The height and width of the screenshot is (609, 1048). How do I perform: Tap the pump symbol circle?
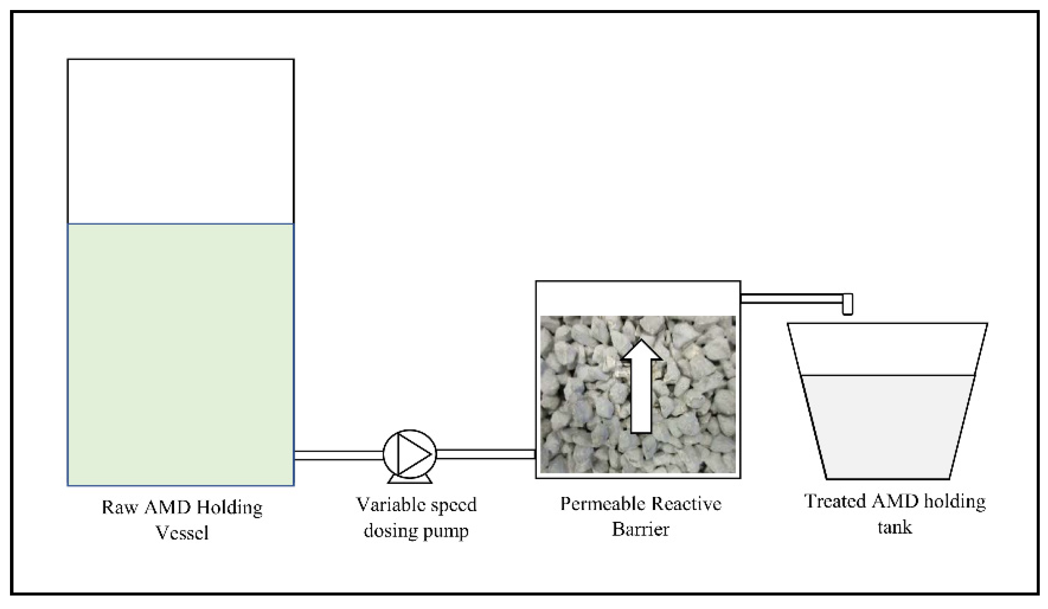tap(410, 454)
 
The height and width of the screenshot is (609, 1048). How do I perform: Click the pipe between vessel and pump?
tap(338, 455)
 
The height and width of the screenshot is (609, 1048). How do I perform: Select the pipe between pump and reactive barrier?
tap(486, 454)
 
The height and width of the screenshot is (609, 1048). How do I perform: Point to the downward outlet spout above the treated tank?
tap(847, 304)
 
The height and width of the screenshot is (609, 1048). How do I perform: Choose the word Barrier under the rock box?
tap(640, 530)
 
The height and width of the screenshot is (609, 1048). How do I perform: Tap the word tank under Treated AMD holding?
tap(895, 527)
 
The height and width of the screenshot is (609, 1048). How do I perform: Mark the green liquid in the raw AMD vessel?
tap(181, 354)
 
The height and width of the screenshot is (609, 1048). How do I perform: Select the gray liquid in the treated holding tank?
tap(887, 426)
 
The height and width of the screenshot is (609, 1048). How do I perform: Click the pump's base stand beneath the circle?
tap(410, 479)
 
